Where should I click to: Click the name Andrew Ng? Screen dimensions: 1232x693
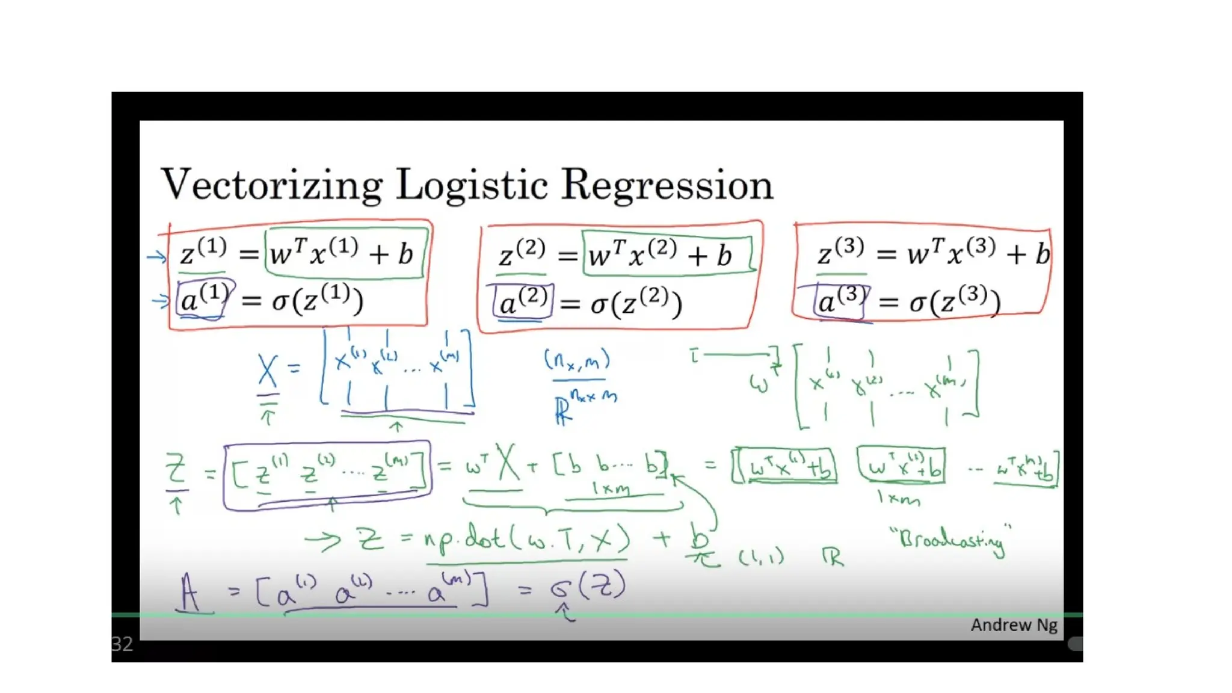1014,625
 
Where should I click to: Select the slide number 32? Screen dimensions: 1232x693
122,644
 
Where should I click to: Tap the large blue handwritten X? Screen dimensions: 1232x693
268,371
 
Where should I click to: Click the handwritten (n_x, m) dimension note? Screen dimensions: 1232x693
577,361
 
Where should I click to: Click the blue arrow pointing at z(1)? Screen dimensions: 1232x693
156,257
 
